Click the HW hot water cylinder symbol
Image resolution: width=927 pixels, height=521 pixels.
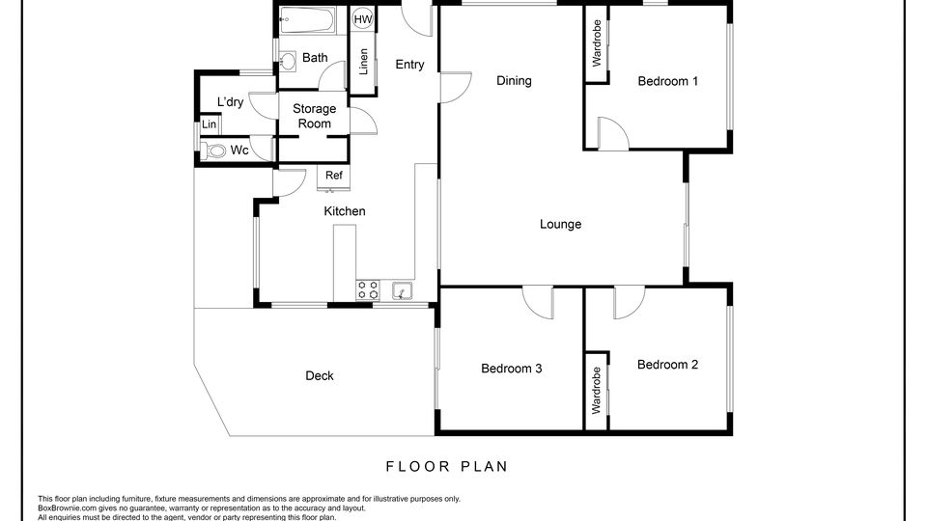pyautogui.click(x=362, y=19)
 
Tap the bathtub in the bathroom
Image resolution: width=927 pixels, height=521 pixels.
pyautogui.click(x=307, y=20)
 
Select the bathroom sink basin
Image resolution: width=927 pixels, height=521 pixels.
pyautogui.click(x=288, y=60)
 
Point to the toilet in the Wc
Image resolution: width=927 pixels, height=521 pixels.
pyautogui.click(x=214, y=151)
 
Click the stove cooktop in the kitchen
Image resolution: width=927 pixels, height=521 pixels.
pyautogui.click(x=367, y=290)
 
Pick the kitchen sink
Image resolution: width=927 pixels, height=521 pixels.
pyautogui.click(x=403, y=290)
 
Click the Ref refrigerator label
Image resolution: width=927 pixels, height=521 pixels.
pyautogui.click(x=333, y=176)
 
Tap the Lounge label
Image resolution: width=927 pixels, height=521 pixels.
pyautogui.click(x=560, y=225)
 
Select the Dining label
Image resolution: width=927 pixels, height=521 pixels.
pyautogui.click(x=514, y=81)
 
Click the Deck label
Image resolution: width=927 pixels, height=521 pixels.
pyautogui.click(x=320, y=375)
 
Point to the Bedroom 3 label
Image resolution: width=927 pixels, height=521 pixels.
pyautogui.click(x=512, y=369)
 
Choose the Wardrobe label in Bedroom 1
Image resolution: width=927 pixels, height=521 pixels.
pyautogui.click(x=597, y=42)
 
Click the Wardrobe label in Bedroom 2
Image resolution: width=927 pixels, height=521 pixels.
pyautogui.click(x=597, y=390)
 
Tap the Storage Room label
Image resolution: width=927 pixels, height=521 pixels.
pyautogui.click(x=315, y=117)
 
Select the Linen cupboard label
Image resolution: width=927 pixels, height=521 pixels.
pyautogui.click(x=364, y=62)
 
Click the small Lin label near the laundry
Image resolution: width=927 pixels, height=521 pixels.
pyautogui.click(x=210, y=124)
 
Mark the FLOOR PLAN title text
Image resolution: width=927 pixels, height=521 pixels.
pyautogui.click(x=447, y=467)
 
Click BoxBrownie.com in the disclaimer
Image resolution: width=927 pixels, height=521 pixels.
pyautogui.click(x=67, y=508)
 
